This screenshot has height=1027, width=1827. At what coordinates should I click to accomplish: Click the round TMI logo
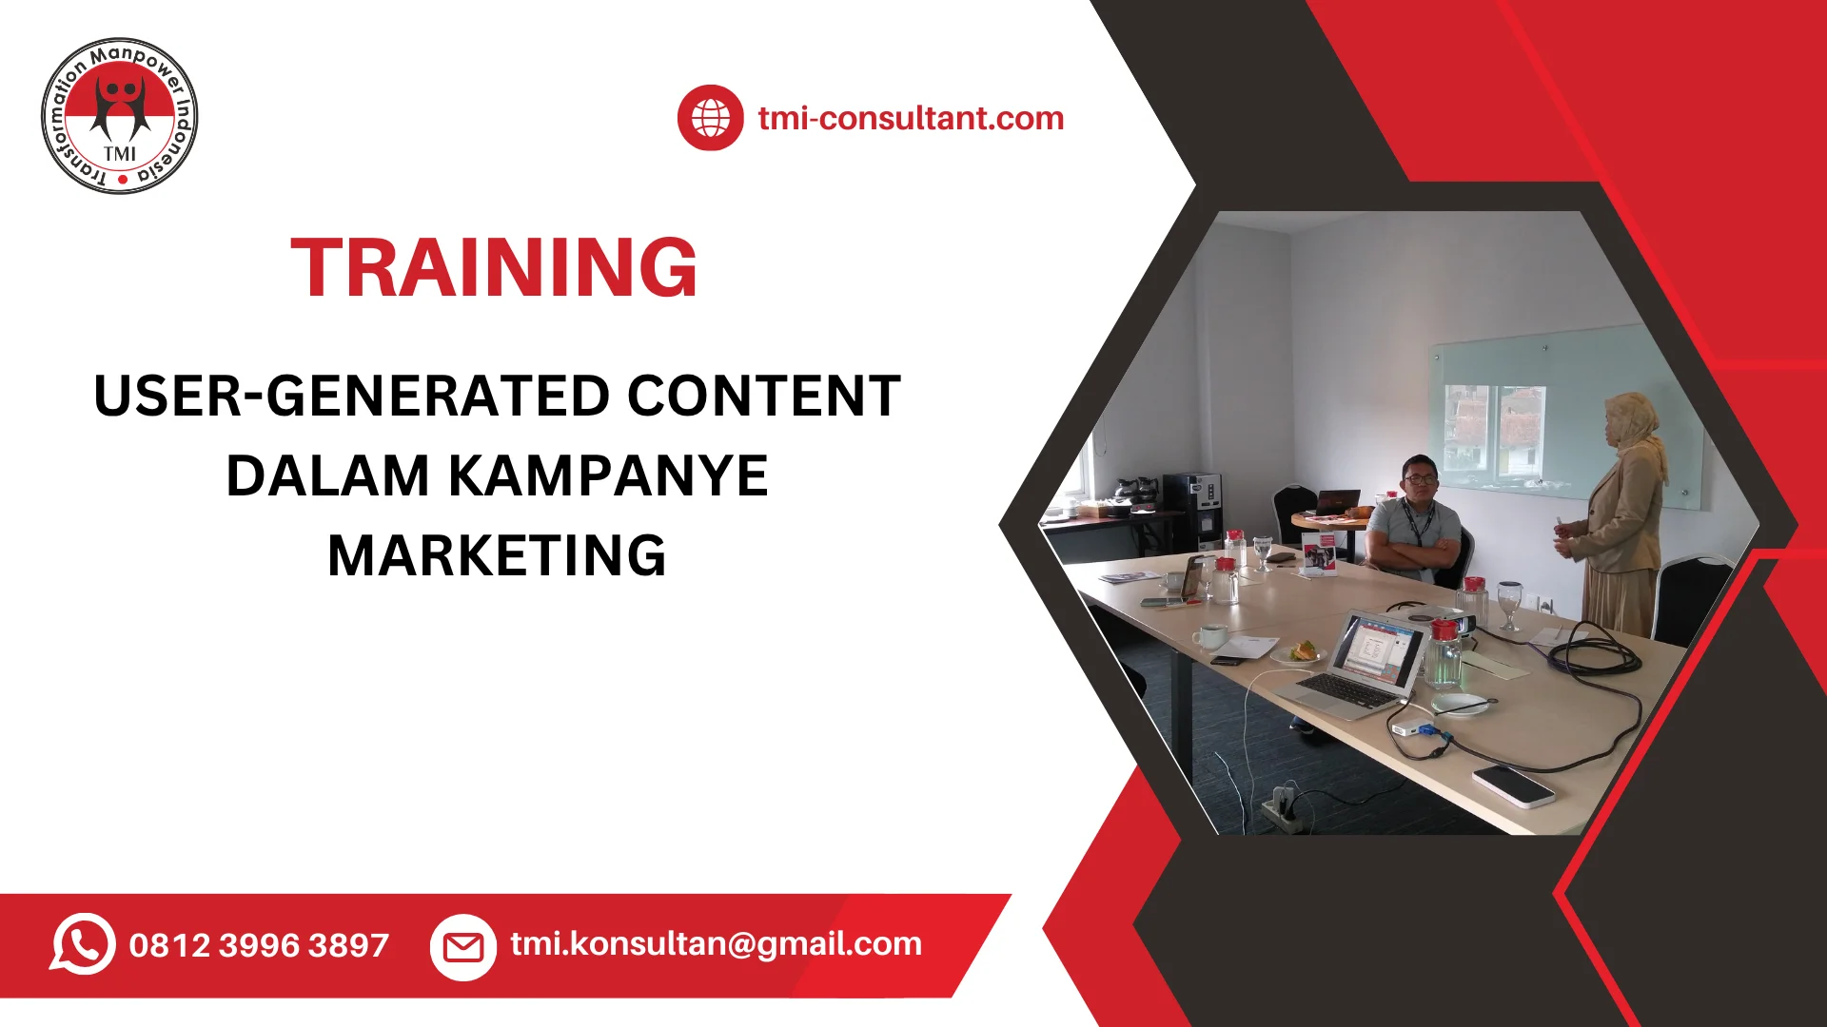coord(120,117)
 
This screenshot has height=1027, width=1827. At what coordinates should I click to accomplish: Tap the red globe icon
coord(710,118)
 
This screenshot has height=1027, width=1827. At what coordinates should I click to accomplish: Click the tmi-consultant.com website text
coord(911,118)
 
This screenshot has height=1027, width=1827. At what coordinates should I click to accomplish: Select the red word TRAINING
coord(495,268)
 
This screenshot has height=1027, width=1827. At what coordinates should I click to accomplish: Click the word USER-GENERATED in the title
coord(351,396)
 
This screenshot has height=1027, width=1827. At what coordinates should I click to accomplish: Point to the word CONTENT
coord(763,396)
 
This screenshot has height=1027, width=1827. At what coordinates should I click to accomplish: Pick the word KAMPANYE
coord(608,475)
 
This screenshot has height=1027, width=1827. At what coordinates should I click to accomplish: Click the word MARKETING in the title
coord(497,555)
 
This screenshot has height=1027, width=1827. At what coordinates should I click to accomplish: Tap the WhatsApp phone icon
coord(83,943)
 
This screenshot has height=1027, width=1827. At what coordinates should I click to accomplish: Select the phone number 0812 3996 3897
coord(259,945)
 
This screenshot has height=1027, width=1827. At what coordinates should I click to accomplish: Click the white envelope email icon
coord(463,946)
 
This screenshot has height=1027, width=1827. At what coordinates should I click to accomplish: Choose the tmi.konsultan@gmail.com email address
coord(716,943)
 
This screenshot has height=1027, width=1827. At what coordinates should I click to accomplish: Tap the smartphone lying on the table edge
coord(1513,785)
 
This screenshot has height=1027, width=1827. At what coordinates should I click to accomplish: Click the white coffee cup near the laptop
coord(1210,635)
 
